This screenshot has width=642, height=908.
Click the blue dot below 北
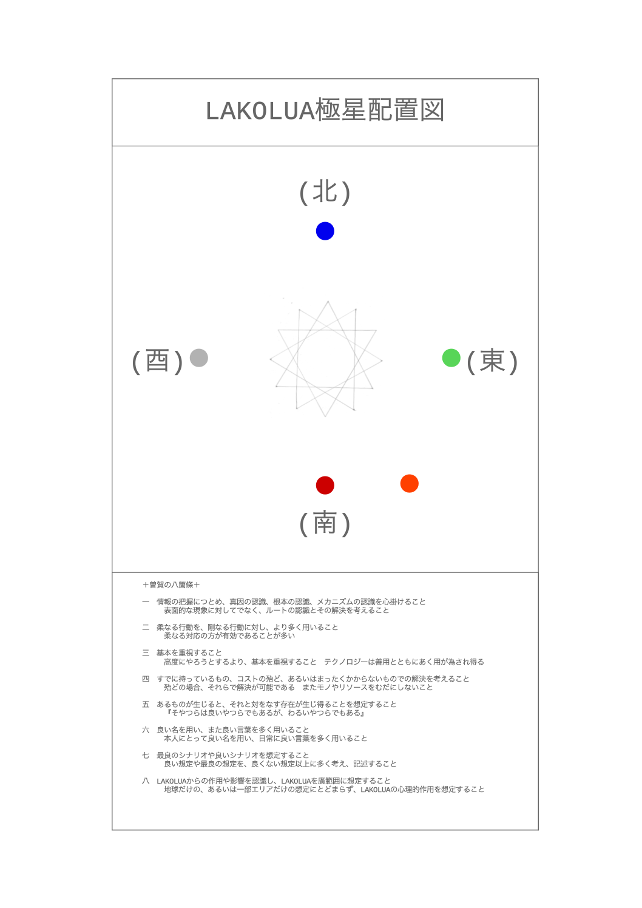click(325, 231)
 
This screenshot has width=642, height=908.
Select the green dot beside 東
click(451, 358)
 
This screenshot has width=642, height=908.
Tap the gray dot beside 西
click(198, 358)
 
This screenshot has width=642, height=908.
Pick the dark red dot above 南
click(325, 485)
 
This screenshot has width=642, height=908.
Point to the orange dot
click(410, 484)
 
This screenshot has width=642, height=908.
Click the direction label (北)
click(325, 192)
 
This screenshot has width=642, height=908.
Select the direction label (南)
click(325, 523)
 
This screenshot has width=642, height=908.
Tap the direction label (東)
click(492, 361)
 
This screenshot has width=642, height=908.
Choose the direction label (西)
click(158, 361)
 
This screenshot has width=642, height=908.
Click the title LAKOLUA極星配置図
click(325, 110)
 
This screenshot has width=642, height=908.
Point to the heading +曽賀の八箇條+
click(171, 584)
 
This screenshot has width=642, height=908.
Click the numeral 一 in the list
click(146, 601)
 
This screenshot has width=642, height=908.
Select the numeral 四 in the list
click(146, 679)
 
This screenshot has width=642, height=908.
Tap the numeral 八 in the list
click(146, 781)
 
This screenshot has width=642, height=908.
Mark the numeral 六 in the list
click(146, 730)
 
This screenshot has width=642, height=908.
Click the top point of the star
click(328, 301)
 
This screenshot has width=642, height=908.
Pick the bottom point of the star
click(325, 416)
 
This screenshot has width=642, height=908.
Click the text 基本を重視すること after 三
click(189, 652)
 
